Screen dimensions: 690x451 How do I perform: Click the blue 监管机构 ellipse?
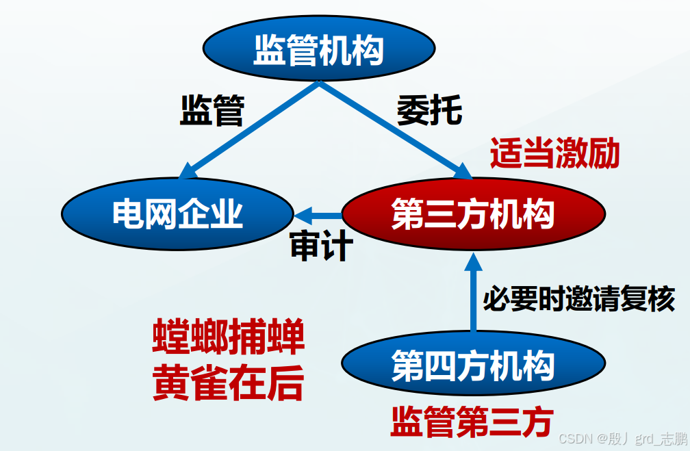coord(318,49)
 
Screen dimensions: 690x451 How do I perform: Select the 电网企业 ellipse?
coord(178,214)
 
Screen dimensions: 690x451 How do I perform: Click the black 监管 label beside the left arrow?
coord(212,109)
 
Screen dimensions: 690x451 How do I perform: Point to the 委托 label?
coord(430,109)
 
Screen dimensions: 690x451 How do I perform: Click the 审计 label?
coord(321,246)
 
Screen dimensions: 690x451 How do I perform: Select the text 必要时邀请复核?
coord(579,298)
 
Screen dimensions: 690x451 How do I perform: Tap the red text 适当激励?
coord(554,153)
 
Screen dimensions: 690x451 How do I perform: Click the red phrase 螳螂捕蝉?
coord(228,338)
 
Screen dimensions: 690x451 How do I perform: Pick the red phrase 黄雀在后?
coord(228,383)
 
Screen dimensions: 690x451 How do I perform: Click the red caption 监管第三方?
coord(472,421)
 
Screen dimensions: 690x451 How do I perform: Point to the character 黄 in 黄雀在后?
coord(170,383)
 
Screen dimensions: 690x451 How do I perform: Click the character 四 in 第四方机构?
coord(440,365)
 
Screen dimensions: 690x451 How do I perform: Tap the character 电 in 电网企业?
coord(128,214)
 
